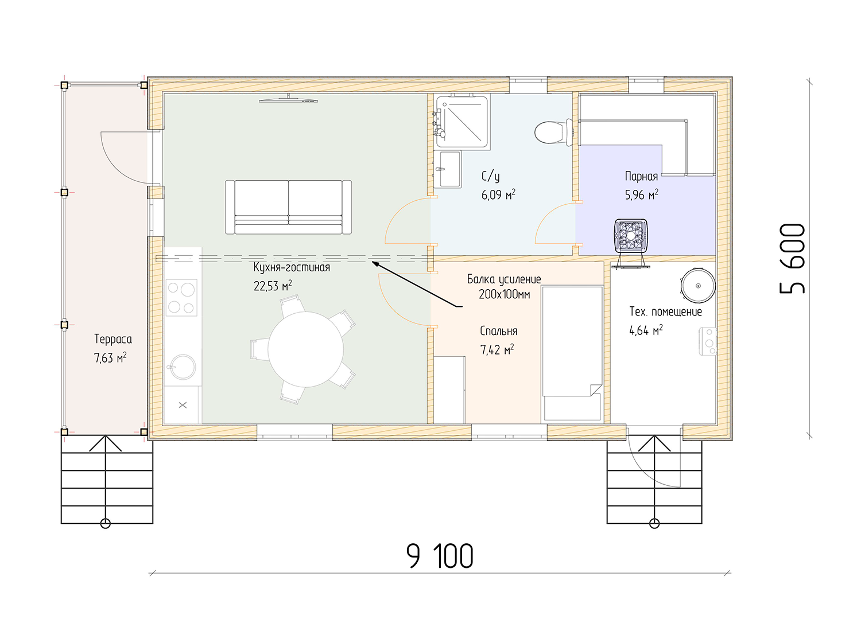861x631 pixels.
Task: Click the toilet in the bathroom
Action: (553, 133)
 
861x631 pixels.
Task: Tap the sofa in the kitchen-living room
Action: (288, 207)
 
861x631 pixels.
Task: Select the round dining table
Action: (305, 349)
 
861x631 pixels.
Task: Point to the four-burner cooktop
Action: (181, 298)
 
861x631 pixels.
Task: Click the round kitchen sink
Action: (183, 367)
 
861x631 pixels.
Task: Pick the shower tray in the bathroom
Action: (463, 122)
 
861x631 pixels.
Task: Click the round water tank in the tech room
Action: (697, 286)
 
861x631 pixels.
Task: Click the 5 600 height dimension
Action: (792, 259)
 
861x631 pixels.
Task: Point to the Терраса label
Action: (113, 339)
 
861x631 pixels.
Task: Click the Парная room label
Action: (641, 176)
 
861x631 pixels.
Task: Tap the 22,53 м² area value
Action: (273, 285)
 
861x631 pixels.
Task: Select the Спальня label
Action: (499, 331)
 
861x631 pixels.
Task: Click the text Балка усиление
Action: (504, 279)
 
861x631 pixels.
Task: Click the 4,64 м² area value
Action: (646, 330)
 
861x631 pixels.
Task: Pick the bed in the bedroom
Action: (572, 354)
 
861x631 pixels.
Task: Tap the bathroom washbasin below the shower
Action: (447, 169)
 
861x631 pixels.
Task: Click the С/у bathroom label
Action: (490, 176)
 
